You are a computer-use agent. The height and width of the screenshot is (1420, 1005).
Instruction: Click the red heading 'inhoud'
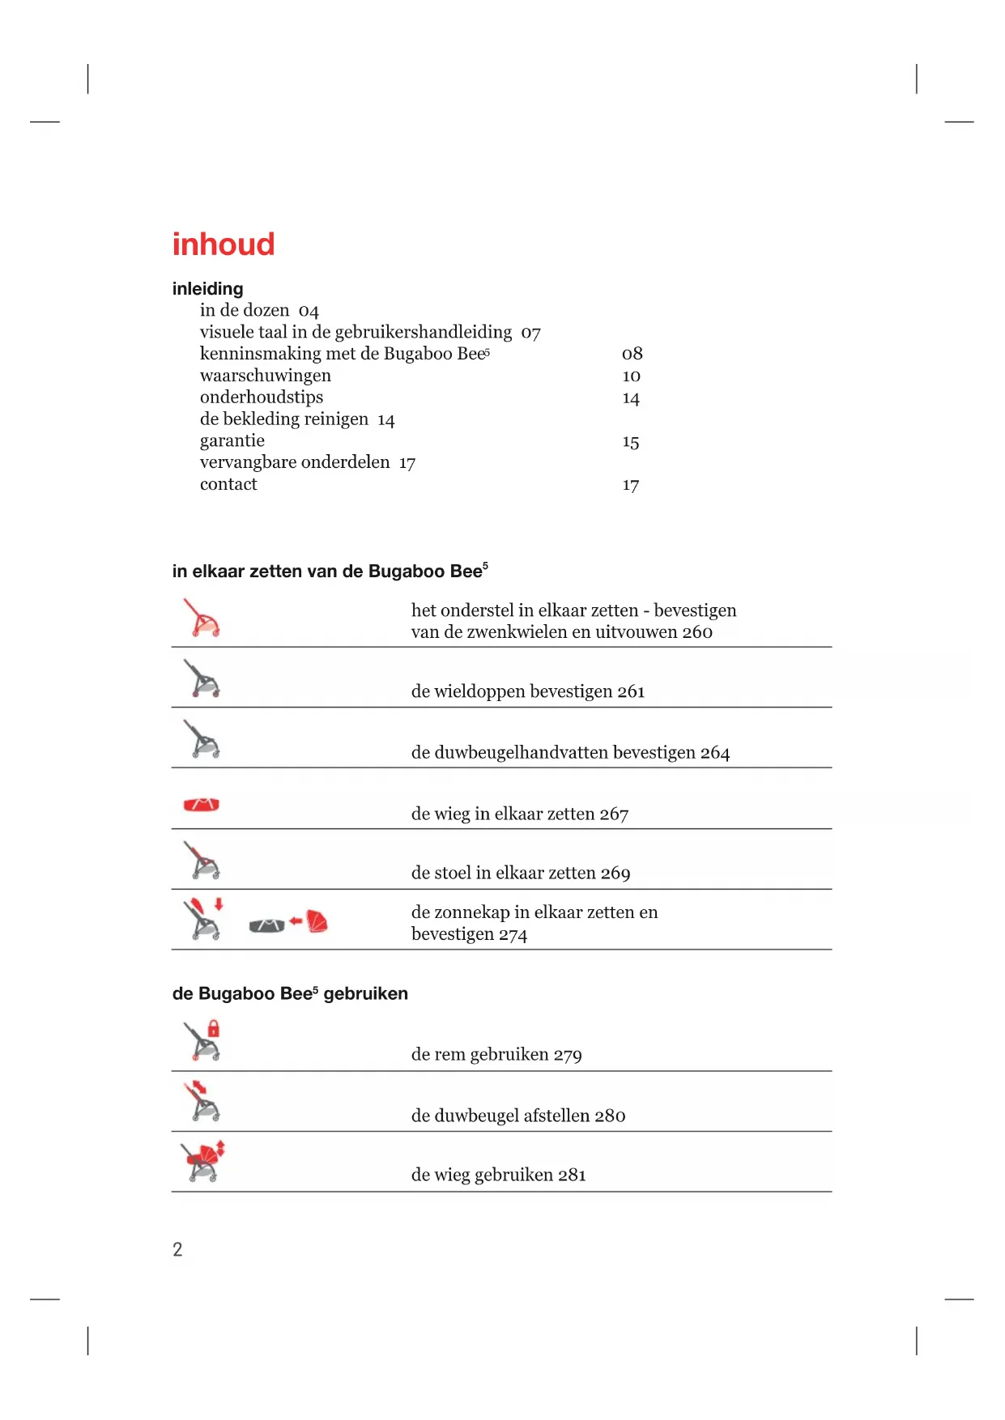[224, 244]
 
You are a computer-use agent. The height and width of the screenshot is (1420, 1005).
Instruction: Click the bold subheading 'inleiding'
[207, 289]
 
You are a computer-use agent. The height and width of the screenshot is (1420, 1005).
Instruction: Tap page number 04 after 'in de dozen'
[309, 312]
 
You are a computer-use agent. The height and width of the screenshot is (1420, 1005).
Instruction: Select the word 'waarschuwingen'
[266, 376]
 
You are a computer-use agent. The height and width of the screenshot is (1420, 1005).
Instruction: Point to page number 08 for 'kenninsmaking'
[632, 354]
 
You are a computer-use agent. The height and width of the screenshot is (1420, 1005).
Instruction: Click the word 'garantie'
[232, 440]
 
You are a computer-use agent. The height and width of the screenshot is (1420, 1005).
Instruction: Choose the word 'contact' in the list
[228, 484]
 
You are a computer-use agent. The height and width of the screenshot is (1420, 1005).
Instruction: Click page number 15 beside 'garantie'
[631, 442]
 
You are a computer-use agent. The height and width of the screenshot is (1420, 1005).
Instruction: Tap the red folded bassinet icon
[202, 805]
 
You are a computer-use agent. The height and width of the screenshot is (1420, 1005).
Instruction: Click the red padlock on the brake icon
[214, 1029]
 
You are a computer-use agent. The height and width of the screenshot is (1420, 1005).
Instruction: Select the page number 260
[696, 632]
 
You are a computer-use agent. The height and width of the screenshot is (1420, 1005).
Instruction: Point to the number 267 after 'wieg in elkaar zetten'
[614, 814]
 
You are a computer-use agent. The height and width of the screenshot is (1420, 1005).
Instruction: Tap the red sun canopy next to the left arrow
[317, 921]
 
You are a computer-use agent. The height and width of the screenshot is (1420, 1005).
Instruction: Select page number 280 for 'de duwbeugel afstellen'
[610, 1116]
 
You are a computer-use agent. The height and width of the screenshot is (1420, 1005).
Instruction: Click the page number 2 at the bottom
[177, 1249]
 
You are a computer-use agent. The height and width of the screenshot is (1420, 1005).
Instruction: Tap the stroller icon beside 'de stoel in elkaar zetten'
[202, 861]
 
